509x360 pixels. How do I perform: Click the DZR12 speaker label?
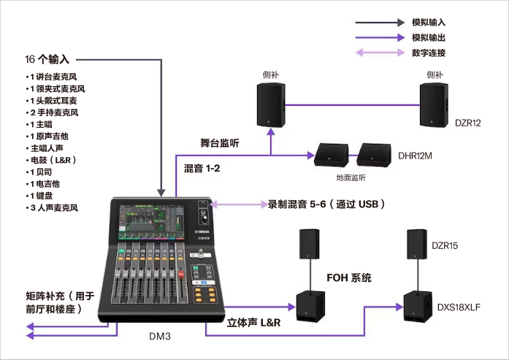pos(467,123)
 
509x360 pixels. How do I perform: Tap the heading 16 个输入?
pos(47,59)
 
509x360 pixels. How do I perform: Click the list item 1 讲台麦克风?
pos(53,77)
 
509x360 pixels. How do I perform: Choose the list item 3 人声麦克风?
pos(53,208)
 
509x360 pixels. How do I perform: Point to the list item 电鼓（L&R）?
pos(51,159)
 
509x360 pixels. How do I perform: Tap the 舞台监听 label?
pos(220,143)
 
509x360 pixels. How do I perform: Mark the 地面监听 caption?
pos(345,177)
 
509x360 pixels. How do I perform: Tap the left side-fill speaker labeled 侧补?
pos(272,106)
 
